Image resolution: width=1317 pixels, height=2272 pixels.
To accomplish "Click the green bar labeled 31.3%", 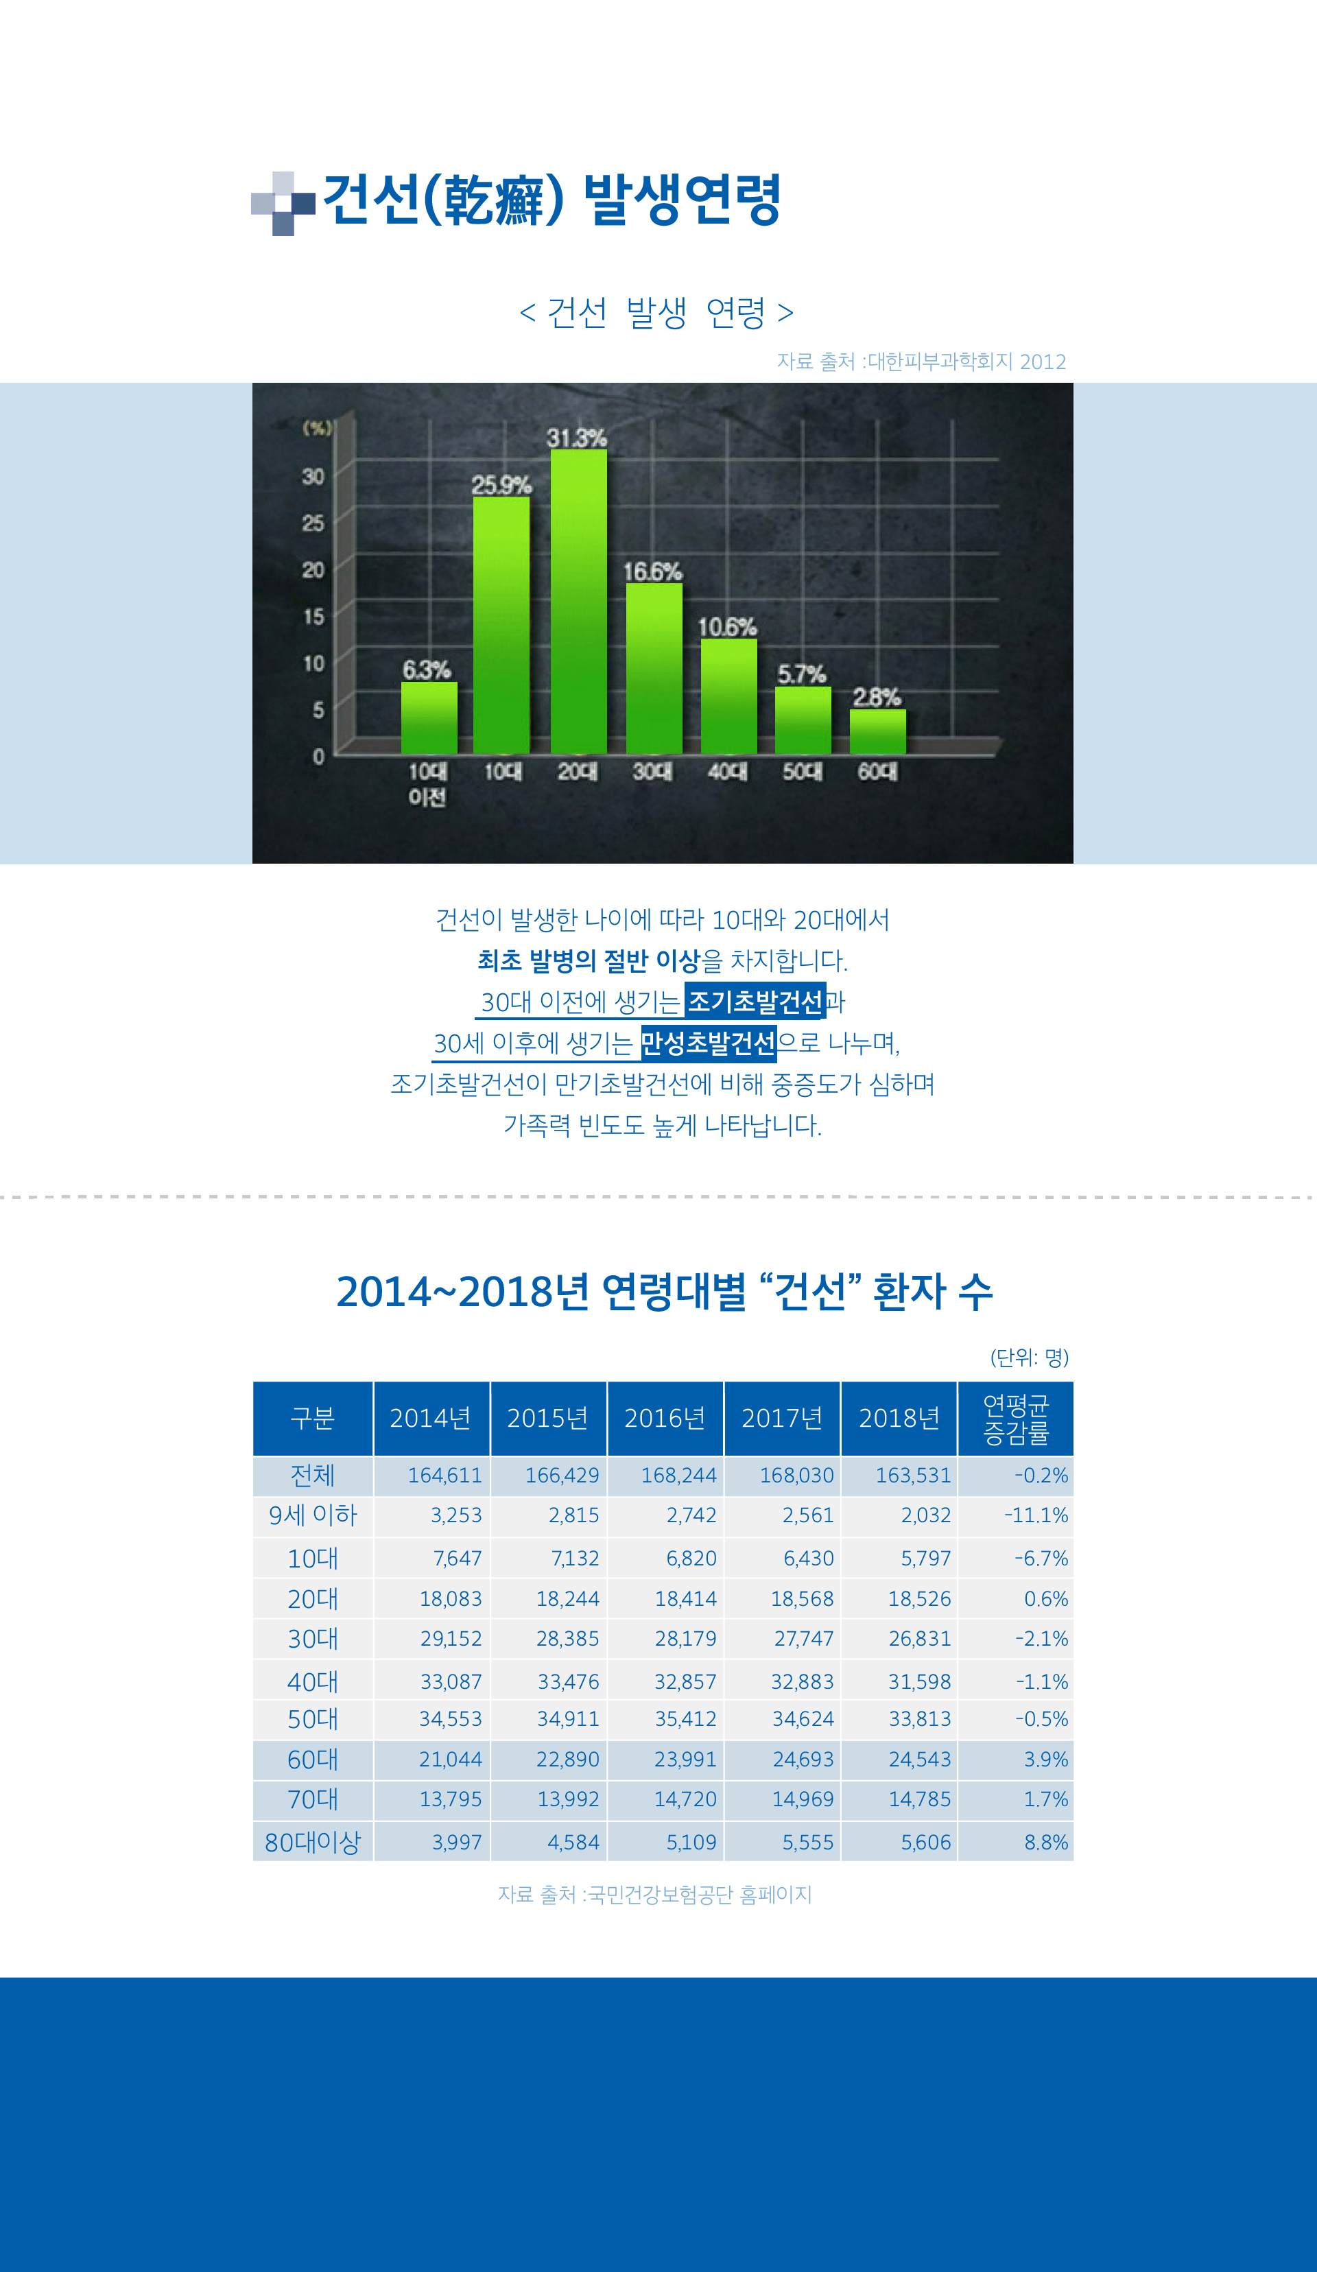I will (x=579, y=600).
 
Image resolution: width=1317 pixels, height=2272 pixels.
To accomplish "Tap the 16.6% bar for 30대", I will (x=654, y=667).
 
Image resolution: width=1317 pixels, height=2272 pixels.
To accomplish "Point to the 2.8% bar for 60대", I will (x=877, y=731).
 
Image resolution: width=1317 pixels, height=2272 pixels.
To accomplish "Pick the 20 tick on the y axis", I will (x=313, y=570).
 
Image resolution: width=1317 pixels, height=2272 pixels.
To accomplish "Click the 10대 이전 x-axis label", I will (x=427, y=783).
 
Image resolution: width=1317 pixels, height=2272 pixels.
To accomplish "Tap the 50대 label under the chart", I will (x=801, y=772).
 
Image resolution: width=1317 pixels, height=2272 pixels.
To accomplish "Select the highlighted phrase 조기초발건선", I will (x=755, y=1001).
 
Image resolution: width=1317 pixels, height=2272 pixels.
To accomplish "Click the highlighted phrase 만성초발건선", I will (x=709, y=1042).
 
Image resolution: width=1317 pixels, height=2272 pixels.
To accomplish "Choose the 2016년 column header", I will (x=665, y=1418).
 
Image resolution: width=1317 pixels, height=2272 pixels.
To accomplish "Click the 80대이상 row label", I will (x=313, y=1842).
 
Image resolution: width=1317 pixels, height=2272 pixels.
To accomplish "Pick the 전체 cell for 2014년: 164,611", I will (x=444, y=1476).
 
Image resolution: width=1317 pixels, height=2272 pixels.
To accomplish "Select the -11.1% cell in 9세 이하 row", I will (x=1036, y=1515).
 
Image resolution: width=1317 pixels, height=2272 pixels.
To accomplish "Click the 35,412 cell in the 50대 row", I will (x=685, y=1719).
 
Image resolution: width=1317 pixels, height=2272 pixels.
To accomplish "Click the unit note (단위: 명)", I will (x=1028, y=1357).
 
